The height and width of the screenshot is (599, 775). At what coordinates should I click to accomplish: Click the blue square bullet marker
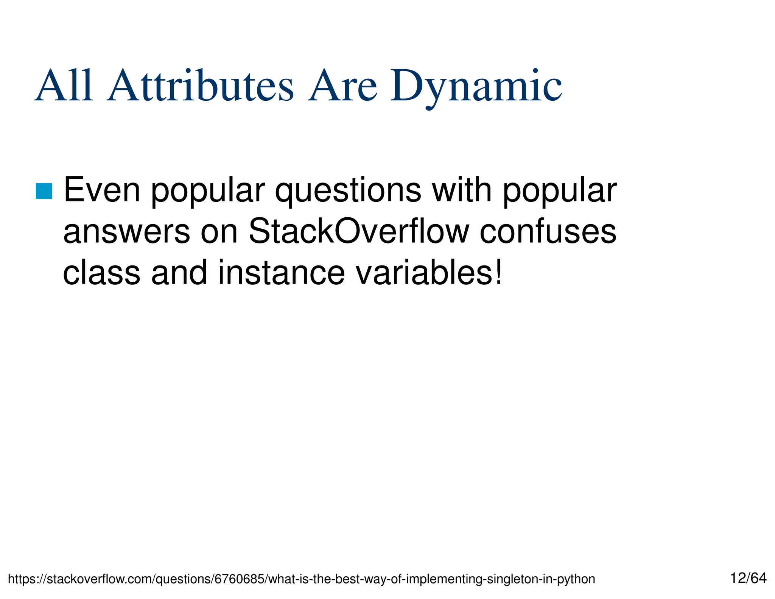[44, 191]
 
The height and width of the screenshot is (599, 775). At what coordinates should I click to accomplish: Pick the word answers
[126, 232]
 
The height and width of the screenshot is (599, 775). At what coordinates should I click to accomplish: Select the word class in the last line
[101, 273]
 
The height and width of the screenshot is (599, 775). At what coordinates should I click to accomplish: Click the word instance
[281, 273]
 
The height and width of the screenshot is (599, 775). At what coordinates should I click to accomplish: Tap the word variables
[423, 273]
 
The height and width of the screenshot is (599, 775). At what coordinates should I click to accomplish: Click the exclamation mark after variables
[499, 273]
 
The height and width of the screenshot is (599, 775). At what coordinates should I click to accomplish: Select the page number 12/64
[748, 578]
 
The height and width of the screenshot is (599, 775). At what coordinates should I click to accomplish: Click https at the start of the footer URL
[21, 579]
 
